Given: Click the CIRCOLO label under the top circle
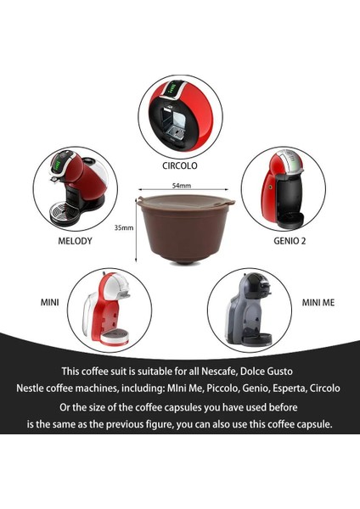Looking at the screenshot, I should pos(179,165).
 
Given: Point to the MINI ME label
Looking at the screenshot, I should pos(321,301).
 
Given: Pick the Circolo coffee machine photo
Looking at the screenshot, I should pos(179,115).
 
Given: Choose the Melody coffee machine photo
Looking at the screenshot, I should pos(76,190).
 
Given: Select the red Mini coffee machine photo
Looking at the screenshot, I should pos(110,310).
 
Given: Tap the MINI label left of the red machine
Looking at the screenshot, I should pos(48,301).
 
